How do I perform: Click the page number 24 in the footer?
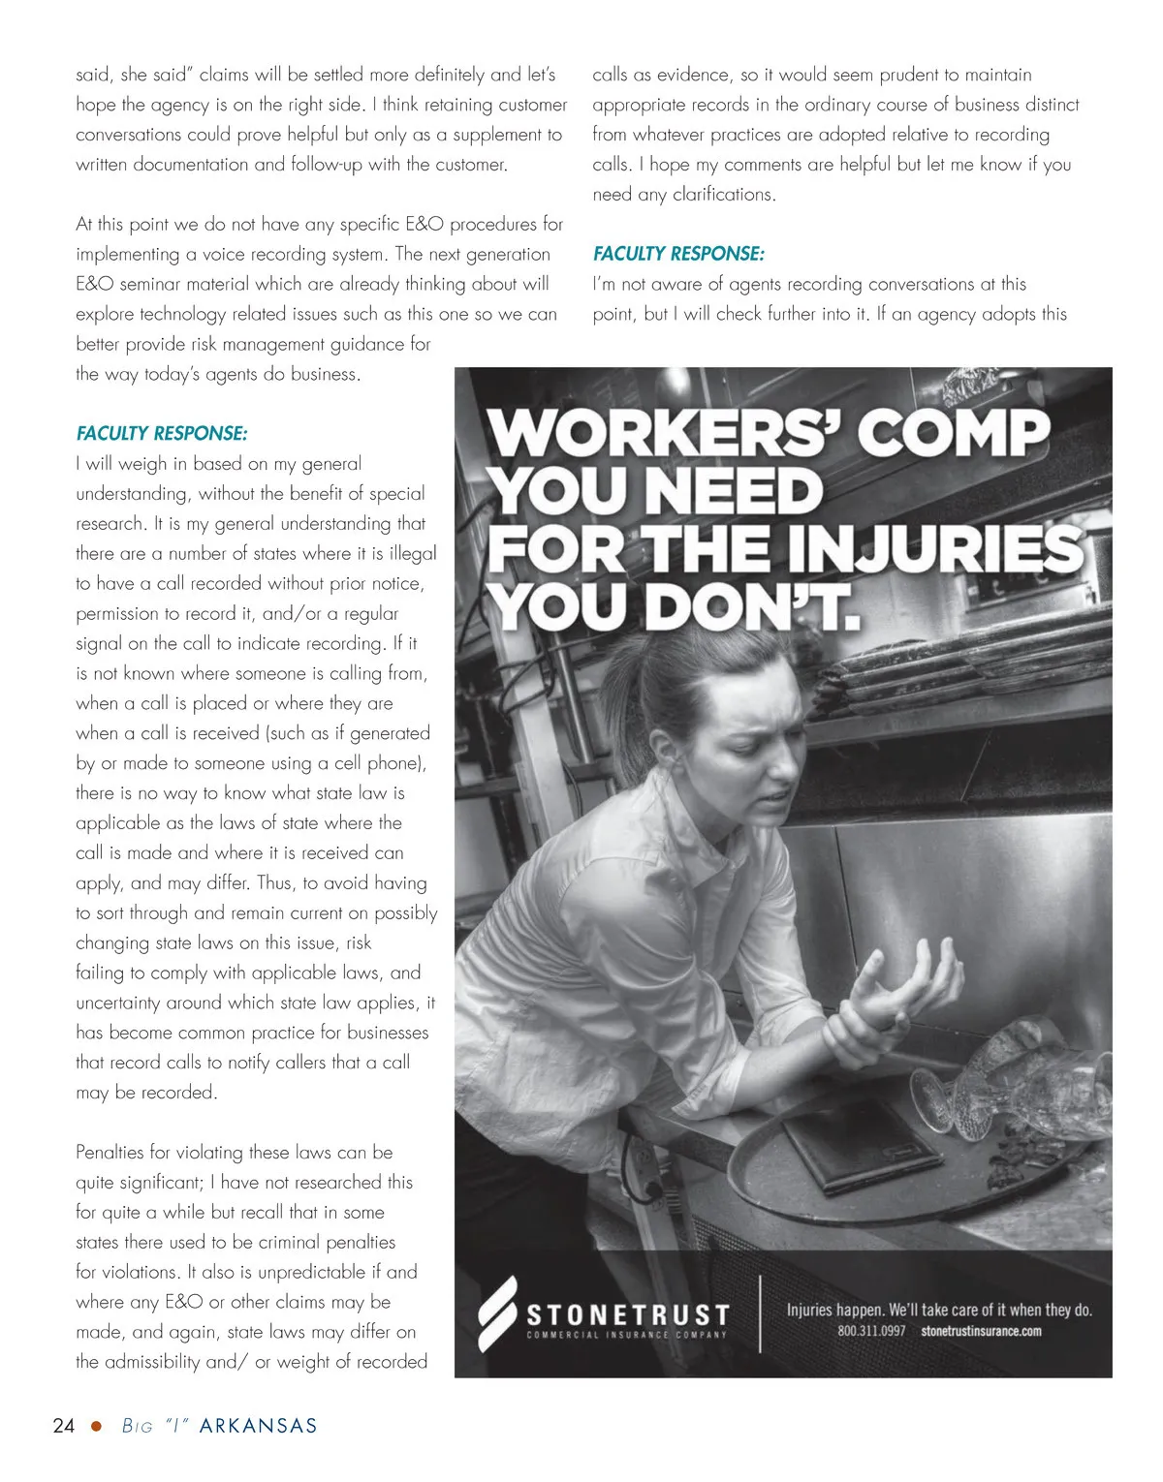63,1425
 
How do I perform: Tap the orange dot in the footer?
96,1426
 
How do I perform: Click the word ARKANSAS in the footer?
258,1426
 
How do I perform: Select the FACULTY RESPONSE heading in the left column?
162,433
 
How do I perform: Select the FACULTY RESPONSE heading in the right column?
678,254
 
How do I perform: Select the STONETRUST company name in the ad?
627,1314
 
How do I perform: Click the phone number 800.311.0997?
871,1331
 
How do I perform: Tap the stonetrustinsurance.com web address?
981,1331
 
